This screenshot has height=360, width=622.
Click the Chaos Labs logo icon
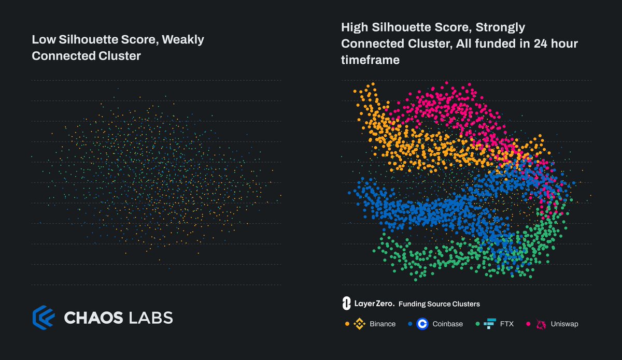(43, 317)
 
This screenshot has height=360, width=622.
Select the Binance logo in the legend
(359, 324)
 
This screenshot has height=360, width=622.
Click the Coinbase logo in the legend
(422, 324)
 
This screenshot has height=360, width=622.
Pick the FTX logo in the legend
(489, 324)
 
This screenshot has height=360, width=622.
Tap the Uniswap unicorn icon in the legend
(541, 324)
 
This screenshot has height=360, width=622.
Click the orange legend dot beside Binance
(346, 324)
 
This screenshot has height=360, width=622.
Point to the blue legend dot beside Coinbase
(409, 324)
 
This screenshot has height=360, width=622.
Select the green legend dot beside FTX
(476, 324)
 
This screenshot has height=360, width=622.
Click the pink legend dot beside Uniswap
(528, 324)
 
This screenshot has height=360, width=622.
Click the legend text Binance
(383, 324)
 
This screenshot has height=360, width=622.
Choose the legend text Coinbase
(448, 324)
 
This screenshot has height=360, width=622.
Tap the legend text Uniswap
(564, 324)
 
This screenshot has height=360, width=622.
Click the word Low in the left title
(41, 40)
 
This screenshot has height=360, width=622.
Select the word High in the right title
(354, 27)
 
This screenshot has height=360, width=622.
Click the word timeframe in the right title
(370, 60)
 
